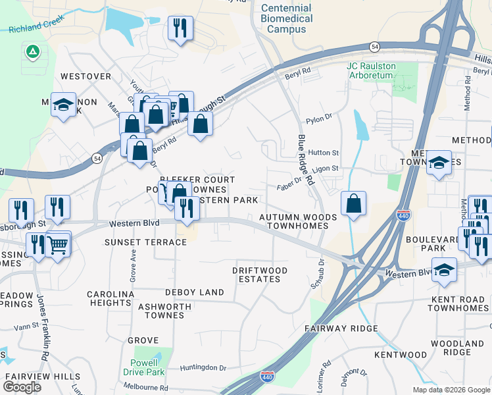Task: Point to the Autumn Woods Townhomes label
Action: pos(297,221)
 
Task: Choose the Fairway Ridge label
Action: pos(341,328)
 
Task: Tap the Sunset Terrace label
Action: pos(146,242)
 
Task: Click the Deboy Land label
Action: pos(195,292)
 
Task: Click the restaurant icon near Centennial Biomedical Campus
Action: pos(180,28)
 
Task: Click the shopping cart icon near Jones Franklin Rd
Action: pos(59,245)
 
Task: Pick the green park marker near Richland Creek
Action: pos(31,51)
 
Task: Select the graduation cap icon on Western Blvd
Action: pos(445,269)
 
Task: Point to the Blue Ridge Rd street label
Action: pos(306,161)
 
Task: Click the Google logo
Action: pos(22,387)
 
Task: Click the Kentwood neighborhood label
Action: pos(401,355)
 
